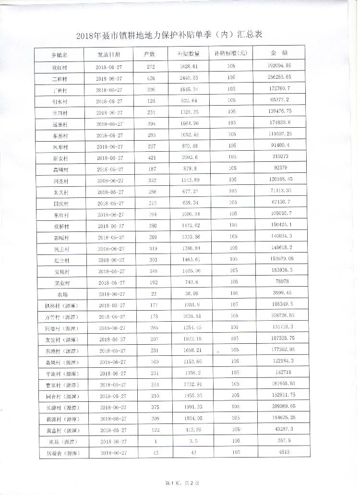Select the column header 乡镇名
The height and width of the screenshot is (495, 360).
click(x=60, y=54)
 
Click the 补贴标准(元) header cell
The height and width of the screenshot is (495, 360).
click(x=231, y=53)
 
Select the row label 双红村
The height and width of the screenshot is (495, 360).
click(x=60, y=67)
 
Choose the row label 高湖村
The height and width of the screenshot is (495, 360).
click(x=61, y=170)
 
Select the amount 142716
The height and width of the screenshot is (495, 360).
click(x=281, y=373)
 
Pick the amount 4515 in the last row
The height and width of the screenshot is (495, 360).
click(x=282, y=452)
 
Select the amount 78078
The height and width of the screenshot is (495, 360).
click(x=280, y=282)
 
